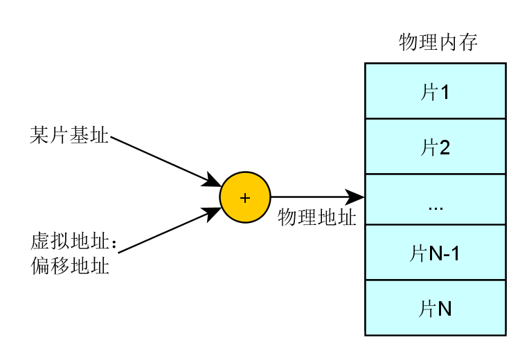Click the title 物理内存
(438, 42)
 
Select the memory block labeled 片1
(436, 91)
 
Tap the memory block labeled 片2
(436, 146)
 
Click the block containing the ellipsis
(436, 199)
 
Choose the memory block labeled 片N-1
(436, 253)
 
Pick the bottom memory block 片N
(436, 307)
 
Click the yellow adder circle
(245, 197)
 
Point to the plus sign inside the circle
(245, 198)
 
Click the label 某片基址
(69, 135)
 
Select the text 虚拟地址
(69, 242)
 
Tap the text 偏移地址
(70, 266)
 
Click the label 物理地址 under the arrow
(317, 217)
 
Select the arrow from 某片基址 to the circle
(166, 161)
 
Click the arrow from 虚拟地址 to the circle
(170, 230)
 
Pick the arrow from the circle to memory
(317, 197)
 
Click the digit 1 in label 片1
(445, 92)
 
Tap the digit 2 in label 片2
(445, 147)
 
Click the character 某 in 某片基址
(39, 135)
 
